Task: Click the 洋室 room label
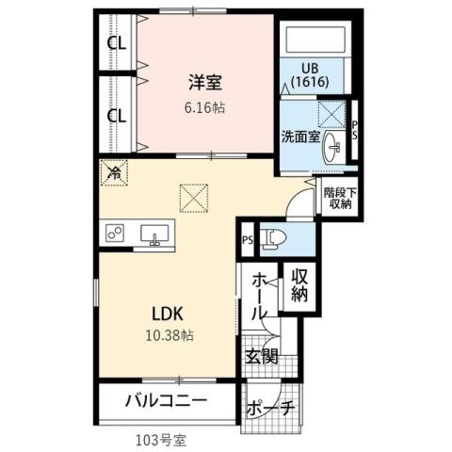pyautogui.click(x=204, y=83)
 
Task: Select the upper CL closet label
pyautogui.click(x=117, y=43)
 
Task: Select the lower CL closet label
pyautogui.click(x=117, y=116)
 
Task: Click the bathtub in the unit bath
pyautogui.click(x=314, y=40)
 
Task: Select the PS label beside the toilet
pyautogui.click(x=247, y=239)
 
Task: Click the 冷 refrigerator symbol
pyautogui.click(x=113, y=172)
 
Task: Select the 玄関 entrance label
pyautogui.click(x=262, y=356)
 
